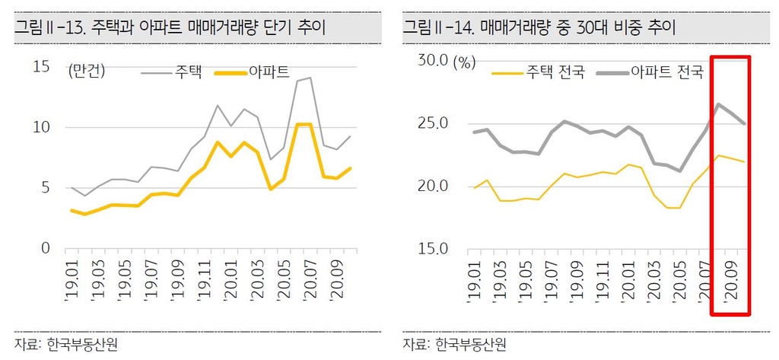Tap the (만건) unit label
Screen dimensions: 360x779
[86, 72]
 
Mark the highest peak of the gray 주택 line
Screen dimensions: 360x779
[310, 78]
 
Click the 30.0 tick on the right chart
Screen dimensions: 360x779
[432, 61]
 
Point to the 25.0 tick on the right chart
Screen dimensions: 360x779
[432, 123]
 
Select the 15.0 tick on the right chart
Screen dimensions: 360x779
[432, 248]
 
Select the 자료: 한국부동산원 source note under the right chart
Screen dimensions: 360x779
[455, 344]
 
